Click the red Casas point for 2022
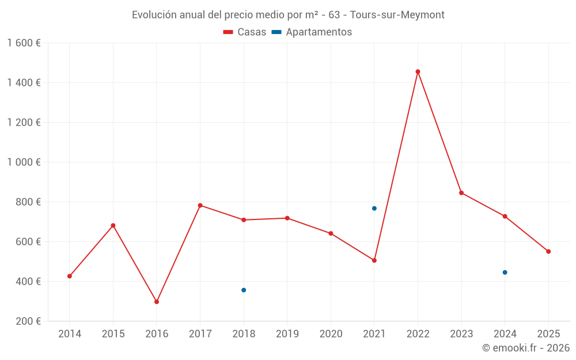click(x=418, y=71)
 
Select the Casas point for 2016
click(x=157, y=302)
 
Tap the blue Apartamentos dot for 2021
click(x=374, y=209)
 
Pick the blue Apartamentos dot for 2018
click(x=244, y=290)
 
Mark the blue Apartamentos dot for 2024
click(x=505, y=272)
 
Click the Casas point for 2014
click(x=70, y=276)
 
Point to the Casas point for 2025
click(x=548, y=251)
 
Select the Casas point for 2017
click(x=200, y=205)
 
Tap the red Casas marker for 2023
click(x=461, y=192)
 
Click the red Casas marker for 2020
click(x=331, y=233)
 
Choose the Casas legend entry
click(x=245, y=32)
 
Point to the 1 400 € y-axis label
click(x=24, y=82)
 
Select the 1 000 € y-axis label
click(x=24, y=162)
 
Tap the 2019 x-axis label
click(x=287, y=334)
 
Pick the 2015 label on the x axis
click(x=113, y=334)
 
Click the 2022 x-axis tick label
click(x=418, y=334)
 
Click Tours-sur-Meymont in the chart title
click(x=397, y=15)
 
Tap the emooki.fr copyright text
click(x=525, y=348)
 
